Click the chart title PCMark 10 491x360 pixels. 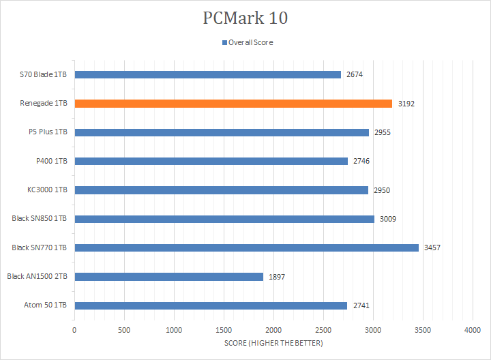245,18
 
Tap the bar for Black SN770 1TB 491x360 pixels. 246,247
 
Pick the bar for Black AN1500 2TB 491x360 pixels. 168,277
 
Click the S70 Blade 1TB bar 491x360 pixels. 207,74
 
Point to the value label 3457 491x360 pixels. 432,247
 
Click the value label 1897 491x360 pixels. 276,277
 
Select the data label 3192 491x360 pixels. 406,104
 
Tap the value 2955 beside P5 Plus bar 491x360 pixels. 382,132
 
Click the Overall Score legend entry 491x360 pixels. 250,42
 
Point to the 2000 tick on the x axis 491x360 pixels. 273,330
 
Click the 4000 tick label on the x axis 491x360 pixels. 473,330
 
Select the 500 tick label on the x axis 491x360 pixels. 124,330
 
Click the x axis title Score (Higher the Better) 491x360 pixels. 273,343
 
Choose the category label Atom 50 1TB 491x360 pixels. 45,305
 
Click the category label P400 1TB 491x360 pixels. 48,161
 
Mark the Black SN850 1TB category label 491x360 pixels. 39,219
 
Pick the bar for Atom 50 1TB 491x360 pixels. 211,305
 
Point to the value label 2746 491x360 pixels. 361,162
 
